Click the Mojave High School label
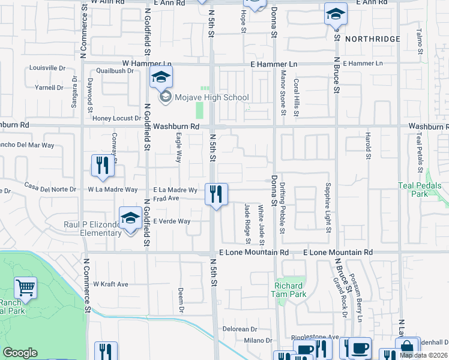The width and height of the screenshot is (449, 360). coord(211,97)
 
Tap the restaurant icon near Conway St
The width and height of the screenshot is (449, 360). coord(102,166)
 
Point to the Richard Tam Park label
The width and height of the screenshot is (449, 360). coord(291,290)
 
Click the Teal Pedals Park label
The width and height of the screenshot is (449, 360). coord(420,190)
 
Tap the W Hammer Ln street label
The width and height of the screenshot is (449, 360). coord(147,63)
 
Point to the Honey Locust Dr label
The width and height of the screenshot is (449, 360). coord(116,118)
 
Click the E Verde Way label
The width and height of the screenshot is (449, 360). coord(172,221)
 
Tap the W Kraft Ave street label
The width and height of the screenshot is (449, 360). coord(110,284)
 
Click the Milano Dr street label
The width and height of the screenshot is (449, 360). coord(246,340)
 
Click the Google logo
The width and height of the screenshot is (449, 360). coord(20,353)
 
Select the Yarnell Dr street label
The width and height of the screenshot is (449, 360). coord(49,87)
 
